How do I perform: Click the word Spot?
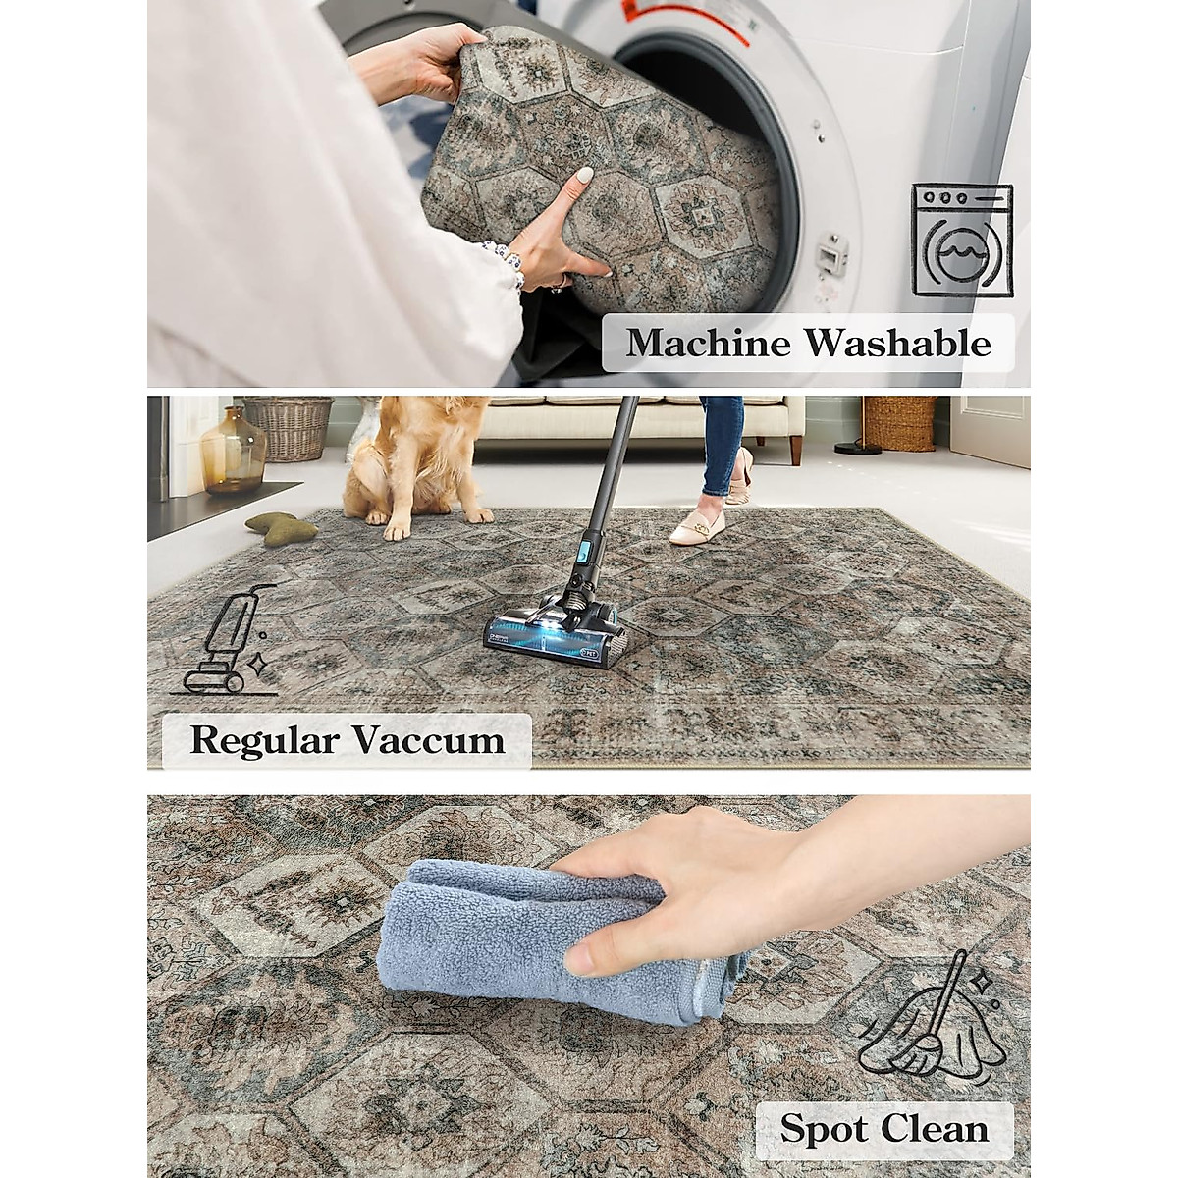[826, 1128]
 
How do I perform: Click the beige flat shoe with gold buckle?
[699, 526]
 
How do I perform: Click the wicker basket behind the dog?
[289, 428]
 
